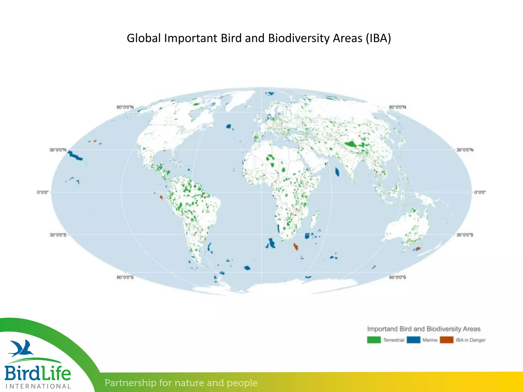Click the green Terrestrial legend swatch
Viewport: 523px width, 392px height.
pos(374,340)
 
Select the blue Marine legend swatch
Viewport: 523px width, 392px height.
pos(413,340)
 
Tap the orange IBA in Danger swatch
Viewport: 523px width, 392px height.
pos(447,340)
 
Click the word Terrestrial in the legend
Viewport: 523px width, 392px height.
pos(394,340)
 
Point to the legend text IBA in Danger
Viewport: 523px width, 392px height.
pos(471,340)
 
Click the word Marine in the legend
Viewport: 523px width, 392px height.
pos(430,340)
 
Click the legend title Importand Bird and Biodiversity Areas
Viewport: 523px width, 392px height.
pos(424,329)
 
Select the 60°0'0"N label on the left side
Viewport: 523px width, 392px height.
pos(125,107)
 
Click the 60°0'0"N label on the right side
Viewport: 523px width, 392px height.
pos(397,107)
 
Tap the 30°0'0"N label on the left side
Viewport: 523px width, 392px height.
pos(58,150)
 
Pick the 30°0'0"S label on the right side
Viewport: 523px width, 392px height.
pos(465,235)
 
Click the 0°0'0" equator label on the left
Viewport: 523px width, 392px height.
pos(43,192)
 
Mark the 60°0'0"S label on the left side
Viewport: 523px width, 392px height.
pos(125,277)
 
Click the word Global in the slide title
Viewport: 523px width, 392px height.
pos(144,38)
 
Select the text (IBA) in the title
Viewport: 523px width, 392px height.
pos(378,38)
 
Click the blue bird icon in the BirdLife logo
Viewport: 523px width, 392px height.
pos(22,348)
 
